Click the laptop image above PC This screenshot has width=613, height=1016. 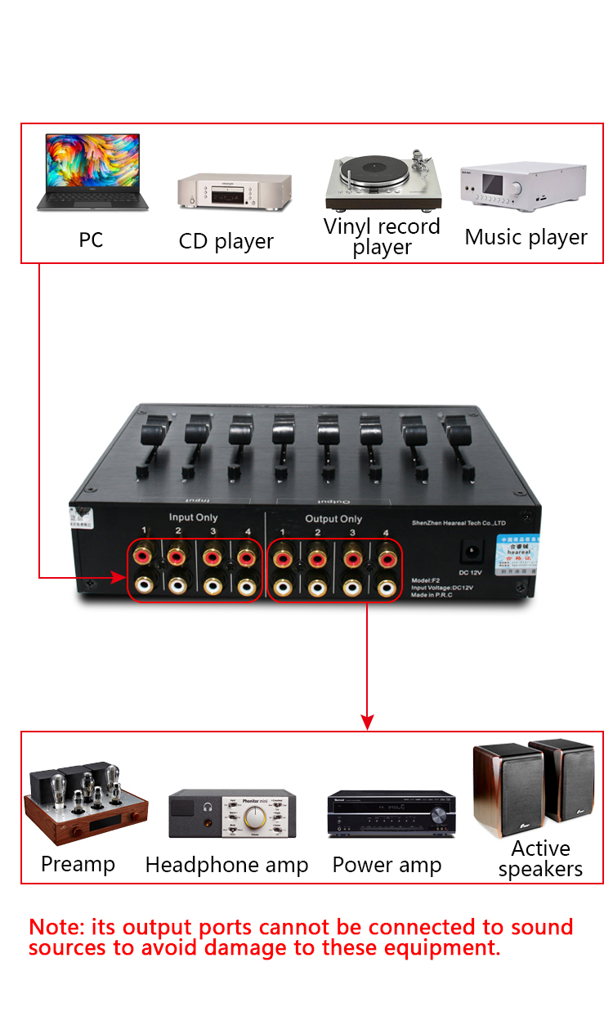point(92,173)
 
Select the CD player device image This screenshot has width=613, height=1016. point(235,193)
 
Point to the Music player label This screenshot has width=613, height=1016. point(526,237)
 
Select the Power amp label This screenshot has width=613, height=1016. point(387,865)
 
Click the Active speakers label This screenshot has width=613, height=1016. point(540,858)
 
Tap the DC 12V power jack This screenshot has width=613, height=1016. point(471,550)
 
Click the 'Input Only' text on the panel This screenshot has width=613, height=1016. point(193,517)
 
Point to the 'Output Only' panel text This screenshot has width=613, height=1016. point(333,519)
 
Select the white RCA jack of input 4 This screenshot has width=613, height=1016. point(246,586)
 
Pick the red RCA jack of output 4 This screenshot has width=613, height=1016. point(387,559)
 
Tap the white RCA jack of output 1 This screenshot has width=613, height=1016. point(283,587)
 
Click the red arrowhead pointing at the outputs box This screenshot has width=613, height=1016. point(367,722)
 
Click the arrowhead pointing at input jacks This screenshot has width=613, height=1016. point(119,578)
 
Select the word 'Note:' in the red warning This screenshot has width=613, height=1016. point(56,927)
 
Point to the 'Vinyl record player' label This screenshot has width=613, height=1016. point(382,236)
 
